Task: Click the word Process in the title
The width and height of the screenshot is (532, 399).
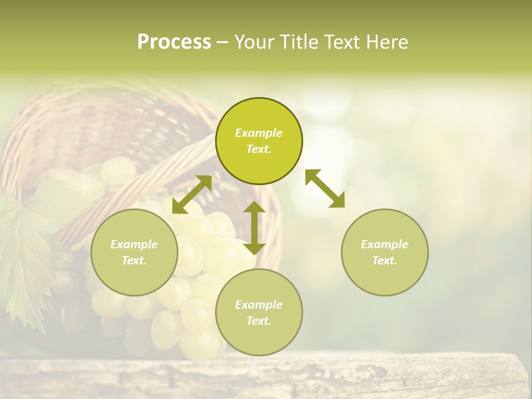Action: point(174,42)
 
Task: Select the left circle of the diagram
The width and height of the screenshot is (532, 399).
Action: point(134,252)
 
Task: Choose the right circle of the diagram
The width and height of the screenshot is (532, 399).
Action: point(385,252)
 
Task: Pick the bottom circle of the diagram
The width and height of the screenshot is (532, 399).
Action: point(259,313)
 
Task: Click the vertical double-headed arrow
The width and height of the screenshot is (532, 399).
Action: point(254,228)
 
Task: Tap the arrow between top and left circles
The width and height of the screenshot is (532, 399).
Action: point(192,195)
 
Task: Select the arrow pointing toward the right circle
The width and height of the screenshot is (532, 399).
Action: point(325,188)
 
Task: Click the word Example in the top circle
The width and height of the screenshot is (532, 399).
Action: point(259,133)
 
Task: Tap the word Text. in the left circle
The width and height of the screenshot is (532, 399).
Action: point(134,260)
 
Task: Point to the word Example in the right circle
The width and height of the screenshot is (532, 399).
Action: point(385,244)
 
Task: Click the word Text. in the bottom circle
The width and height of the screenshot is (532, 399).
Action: point(259,321)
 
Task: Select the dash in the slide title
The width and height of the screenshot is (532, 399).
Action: point(222,42)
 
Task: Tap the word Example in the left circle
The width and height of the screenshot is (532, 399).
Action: point(134,244)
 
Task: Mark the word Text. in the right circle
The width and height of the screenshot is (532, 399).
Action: point(385,260)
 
